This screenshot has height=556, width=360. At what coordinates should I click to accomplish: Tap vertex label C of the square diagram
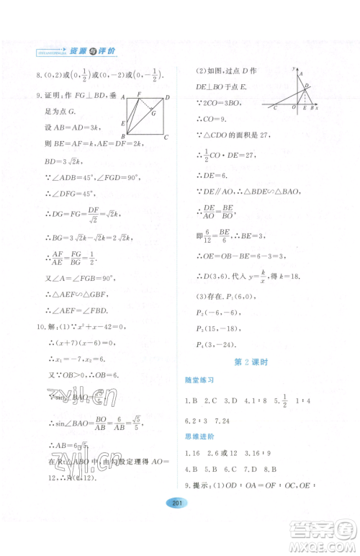pyautogui.click(x=166, y=136)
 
